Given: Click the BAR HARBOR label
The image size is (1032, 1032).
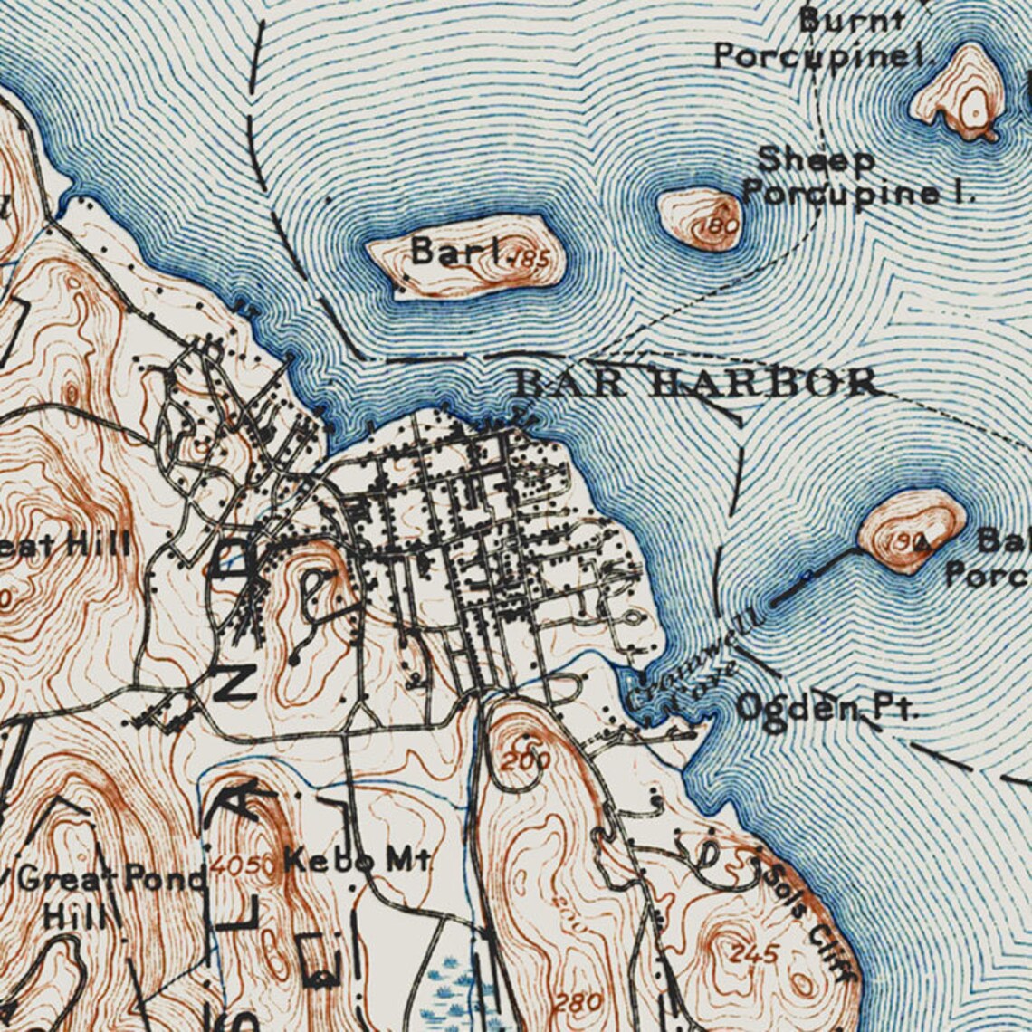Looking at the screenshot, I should point(695,382).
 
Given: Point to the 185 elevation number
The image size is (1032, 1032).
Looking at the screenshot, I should point(532,261).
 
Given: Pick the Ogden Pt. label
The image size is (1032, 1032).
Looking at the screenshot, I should point(826,707).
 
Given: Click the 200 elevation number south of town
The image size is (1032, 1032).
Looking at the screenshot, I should point(525,761).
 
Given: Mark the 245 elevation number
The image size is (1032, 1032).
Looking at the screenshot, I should point(753,953).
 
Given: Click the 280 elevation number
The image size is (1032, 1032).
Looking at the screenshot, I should point(577,1002).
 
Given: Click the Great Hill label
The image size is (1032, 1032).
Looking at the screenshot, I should point(63,546).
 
